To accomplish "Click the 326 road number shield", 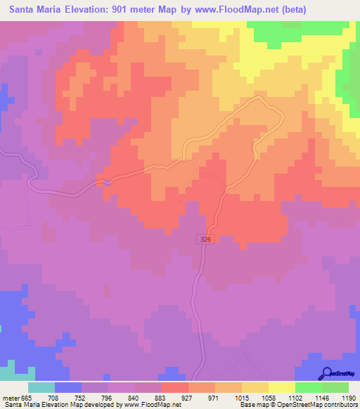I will coord(204,240).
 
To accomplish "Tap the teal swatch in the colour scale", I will coord(41,387).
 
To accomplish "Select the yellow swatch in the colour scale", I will coord(281,387).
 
